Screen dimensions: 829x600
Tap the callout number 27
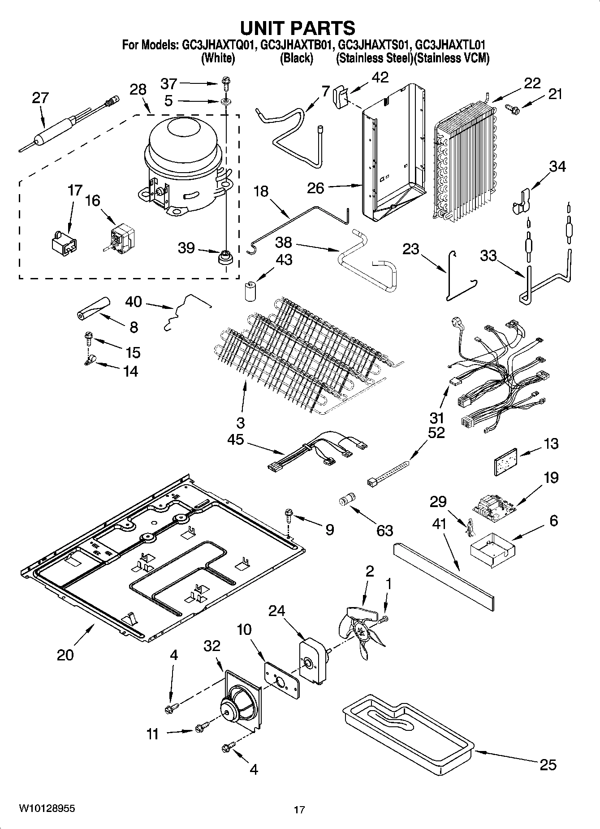pos(40,98)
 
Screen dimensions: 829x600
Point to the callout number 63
pos(384,530)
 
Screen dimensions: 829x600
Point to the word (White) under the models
pos(218,58)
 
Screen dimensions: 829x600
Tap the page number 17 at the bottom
pos(299,810)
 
